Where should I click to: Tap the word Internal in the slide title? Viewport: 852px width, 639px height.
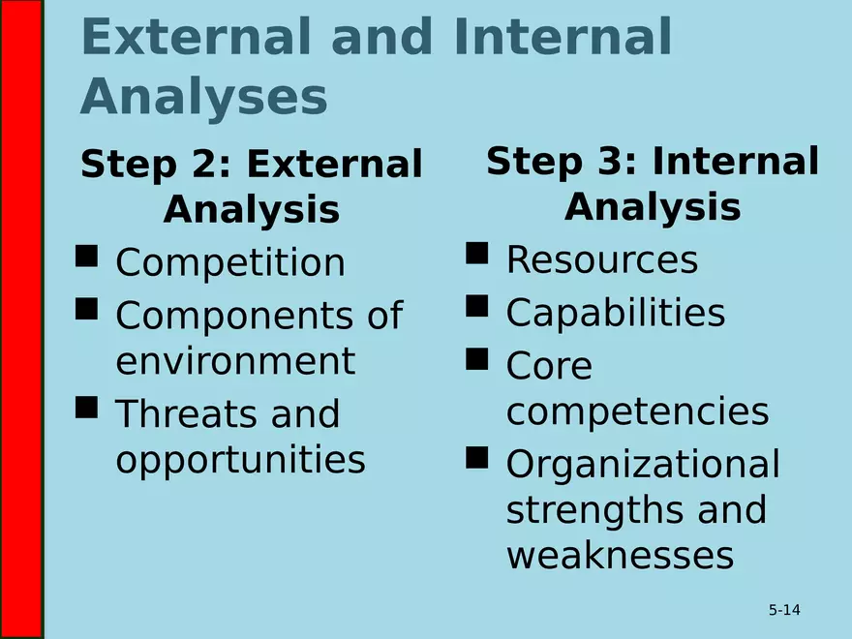click(562, 39)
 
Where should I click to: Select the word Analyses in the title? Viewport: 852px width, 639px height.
click(203, 98)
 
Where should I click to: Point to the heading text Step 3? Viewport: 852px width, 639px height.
click(563, 162)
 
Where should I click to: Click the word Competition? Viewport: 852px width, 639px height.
click(230, 263)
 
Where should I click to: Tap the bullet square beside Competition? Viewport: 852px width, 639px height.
click(86, 256)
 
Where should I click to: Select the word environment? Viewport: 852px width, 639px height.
click(235, 361)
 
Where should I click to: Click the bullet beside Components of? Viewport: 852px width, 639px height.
click(86, 309)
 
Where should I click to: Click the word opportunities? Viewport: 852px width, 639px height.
click(240, 460)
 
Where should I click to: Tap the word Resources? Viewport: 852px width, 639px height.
click(601, 260)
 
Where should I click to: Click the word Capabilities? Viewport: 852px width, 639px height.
click(615, 313)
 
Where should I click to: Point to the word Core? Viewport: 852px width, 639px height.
click(548, 367)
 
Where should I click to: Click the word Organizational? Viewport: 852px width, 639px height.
click(642, 465)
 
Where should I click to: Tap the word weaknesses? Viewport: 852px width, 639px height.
click(619, 556)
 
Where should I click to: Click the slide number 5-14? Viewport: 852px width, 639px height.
click(784, 610)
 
